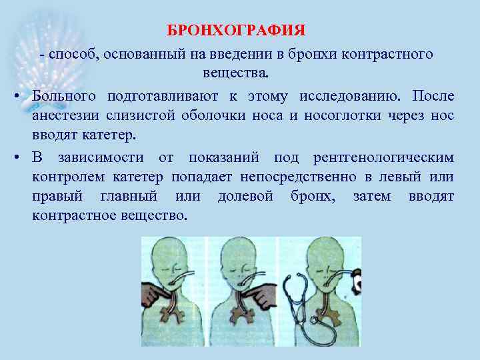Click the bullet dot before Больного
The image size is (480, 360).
14,97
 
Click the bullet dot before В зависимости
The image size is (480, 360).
14,159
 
